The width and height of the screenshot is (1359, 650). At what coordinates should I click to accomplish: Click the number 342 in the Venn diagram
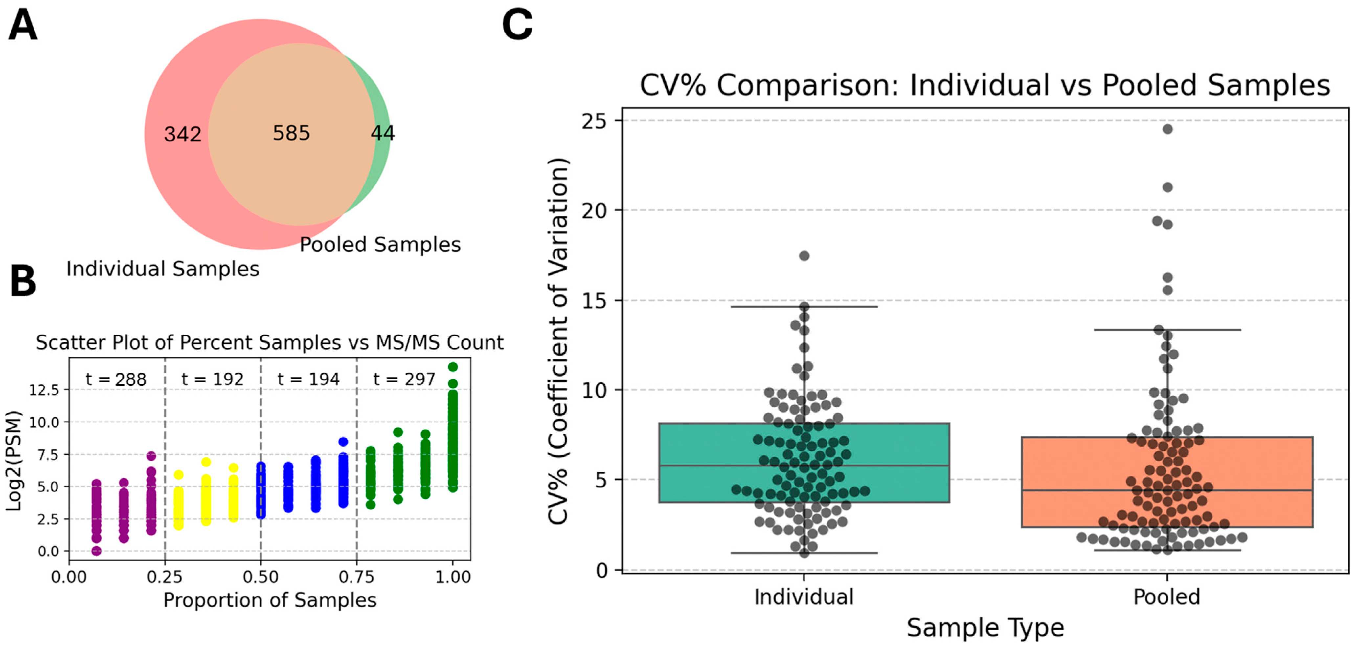click(183, 134)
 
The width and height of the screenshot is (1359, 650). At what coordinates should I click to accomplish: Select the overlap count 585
click(291, 133)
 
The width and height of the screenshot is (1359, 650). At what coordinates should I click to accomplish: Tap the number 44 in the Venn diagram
click(382, 133)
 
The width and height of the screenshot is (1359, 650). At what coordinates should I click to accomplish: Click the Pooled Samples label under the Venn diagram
click(380, 245)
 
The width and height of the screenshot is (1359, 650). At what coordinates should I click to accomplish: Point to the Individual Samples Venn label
click(163, 269)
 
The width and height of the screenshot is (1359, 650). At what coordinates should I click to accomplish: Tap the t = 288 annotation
click(116, 379)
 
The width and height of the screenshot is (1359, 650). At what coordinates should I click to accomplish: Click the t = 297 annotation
click(404, 379)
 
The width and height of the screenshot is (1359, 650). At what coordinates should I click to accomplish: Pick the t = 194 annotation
click(308, 379)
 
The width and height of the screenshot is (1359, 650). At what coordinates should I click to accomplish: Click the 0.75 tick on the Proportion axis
click(357, 577)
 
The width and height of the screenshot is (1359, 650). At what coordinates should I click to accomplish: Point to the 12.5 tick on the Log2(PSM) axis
click(44, 390)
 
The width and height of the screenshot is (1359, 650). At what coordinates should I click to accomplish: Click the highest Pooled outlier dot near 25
click(1167, 129)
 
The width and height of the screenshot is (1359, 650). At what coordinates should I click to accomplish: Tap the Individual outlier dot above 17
click(804, 256)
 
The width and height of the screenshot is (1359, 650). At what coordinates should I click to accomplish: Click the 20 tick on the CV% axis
click(595, 211)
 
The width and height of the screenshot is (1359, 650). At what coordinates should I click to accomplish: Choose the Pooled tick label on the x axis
click(1166, 597)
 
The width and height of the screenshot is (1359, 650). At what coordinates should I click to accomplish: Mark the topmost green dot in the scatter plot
click(453, 367)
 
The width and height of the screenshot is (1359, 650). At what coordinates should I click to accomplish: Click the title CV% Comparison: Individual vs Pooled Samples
click(985, 85)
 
